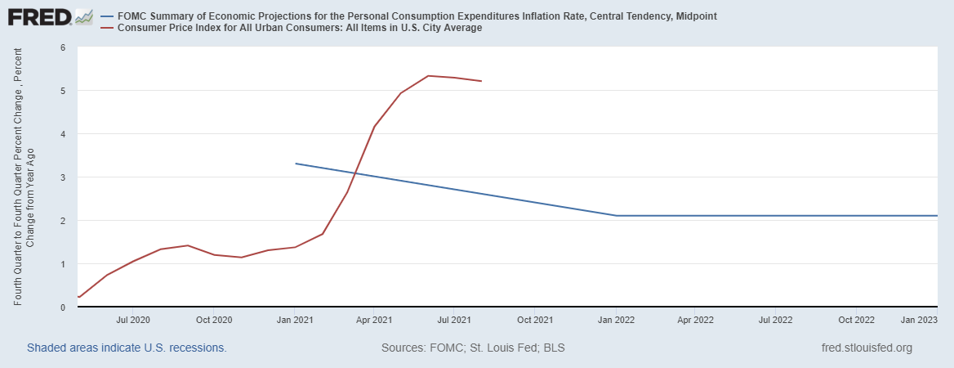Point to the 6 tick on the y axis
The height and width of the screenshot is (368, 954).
pyautogui.click(x=63, y=47)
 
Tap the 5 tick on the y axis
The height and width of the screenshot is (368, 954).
pyautogui.click(x=63, y=91)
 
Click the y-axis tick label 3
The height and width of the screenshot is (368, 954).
pyautogui.click(x=63, y=177)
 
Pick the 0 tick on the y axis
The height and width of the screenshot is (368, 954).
pyautogui.click(x=63, y=307)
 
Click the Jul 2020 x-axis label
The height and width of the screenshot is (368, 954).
pyautogui.click(x=133, y=320)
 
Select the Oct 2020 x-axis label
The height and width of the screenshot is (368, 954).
pyautogui.click(x=214, y=320)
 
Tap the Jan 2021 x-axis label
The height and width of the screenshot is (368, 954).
pyautogui.click(x=295, y=320)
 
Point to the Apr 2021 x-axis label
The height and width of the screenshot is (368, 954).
pyautogui.click(x=374, y=320)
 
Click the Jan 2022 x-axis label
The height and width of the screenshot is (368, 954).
pyautogui.click(x=616, y=320)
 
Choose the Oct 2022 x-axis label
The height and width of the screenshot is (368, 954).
pyautogui.click(x=857, y=320)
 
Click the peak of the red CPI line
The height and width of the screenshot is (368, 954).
pyautogui.click(x=429, y=76)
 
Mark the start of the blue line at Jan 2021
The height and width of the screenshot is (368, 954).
pyautogui.click(x=296, y=164)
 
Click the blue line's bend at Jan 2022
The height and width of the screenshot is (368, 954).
pyautogui.click(x=616, y=216)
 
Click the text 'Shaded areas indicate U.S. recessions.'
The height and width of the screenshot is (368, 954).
pyautogui.click(x=127, y=348)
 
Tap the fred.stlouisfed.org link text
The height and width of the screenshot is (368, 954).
pyautogui.click(x=867, y=348)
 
